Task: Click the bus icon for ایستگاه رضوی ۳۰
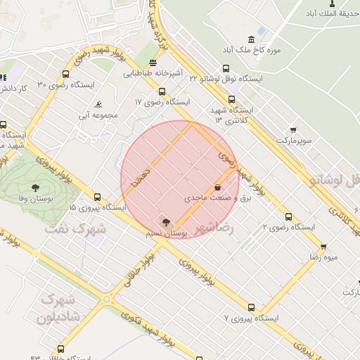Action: tap(66, 74)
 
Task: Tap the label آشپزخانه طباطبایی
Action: tap(154, 73)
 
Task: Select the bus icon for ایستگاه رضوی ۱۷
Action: tap(162, 91)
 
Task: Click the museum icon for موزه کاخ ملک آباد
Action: tap(252, 39)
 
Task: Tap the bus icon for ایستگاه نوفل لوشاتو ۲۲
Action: tap(226, 68)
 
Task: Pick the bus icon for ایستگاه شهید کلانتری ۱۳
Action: tap(231, 98)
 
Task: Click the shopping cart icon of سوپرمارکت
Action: tap(292, 130)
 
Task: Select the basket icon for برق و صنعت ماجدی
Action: tap(218, 188)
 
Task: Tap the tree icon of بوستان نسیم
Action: tap(166, 222)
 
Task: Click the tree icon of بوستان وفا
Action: tap(35, 187)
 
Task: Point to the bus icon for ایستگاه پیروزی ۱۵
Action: tap(97, 198)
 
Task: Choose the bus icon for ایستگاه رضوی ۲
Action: tap(288, 217)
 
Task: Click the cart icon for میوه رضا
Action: tap(323, 247)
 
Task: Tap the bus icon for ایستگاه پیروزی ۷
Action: tap(252, 307)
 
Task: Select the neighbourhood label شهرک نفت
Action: tap(75, 229)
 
